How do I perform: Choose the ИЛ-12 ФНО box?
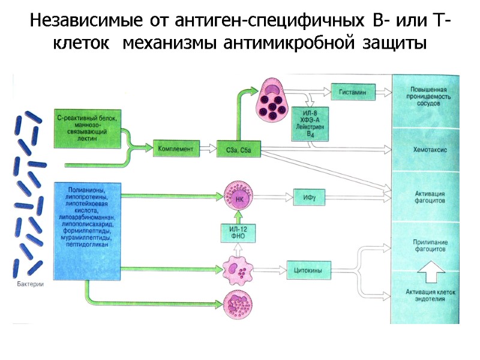(x=236, y=232)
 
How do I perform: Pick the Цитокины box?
(x=310, y=271)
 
